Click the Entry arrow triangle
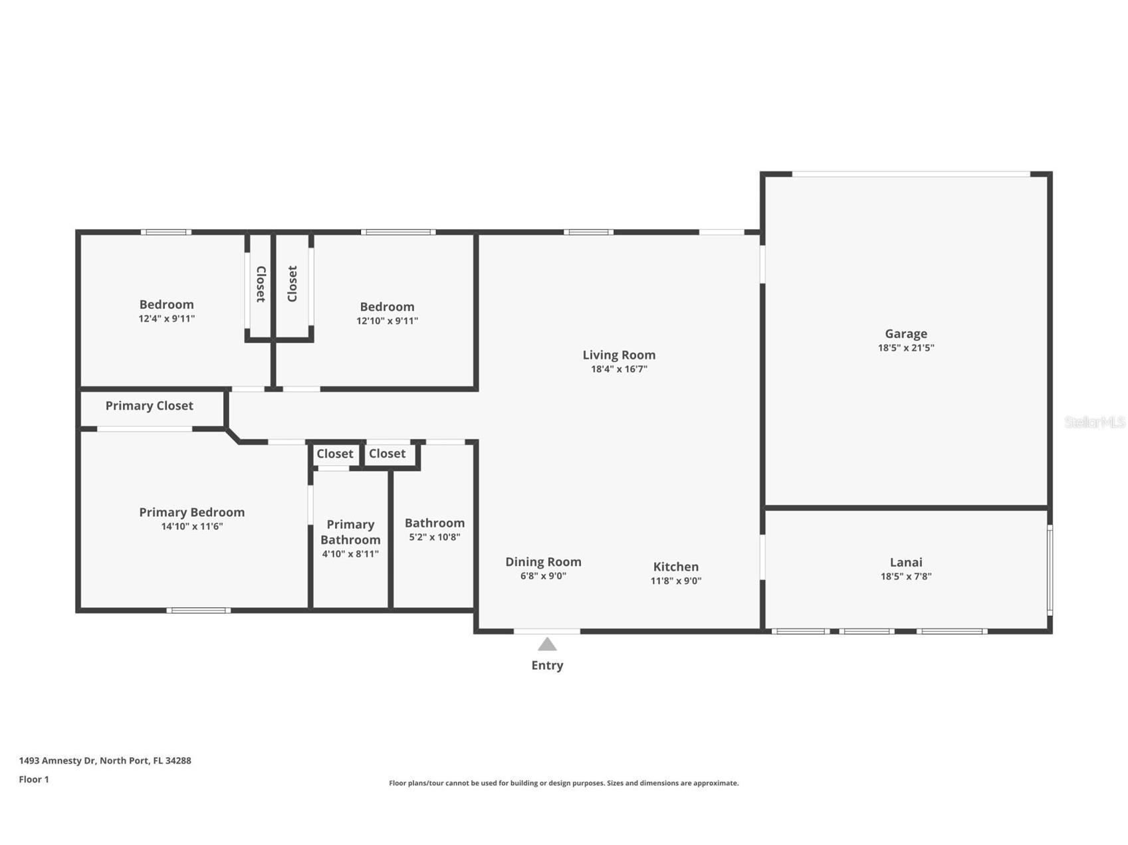pyautogui.click(x=546, y=644)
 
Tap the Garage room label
pyautogui.click(x=905, y=333)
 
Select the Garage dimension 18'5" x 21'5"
pyautogui.click(x=905, y=347)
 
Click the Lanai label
pyautogui.click(x=905, y=562)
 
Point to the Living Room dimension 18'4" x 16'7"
pyautogui.click(x=618, y=369)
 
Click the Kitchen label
pyautogui.click(x=675, y=566)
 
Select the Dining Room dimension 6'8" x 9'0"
pyautogui.click(x=542, y=576)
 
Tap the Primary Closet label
pyautogui.click(x=149, y=405)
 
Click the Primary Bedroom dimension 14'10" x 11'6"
pyautogui.click(x=191, y=526)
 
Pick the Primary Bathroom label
pyautogui.click(x=350, y=532)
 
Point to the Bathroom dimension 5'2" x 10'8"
pyautogui.click(x=434, y=537)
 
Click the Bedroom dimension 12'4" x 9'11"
pyautogui.click(x=166, y=318)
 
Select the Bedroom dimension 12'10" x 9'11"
pyautogui.click(x=387, y=320)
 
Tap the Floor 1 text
pyautogui.click(x=34, y=779)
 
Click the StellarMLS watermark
pyautogui.click(x=1094, y=422)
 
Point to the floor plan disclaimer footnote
pyautogui.click(x=563, y=783)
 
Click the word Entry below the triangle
pyautogui.click(x=546, y=665)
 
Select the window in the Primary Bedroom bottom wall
pyautogui.click(x=198, y=610)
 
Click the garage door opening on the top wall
pyautogui.click(x=910, y=174)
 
